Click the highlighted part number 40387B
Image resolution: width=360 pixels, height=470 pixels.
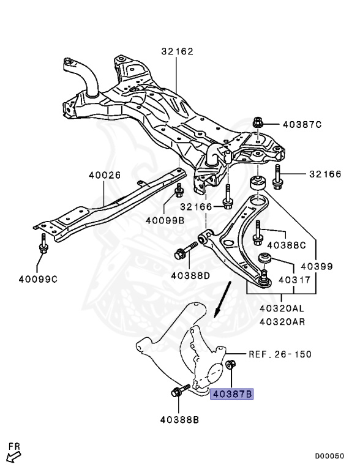[x=232, y=394]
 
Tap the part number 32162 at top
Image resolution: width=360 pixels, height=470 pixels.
[x=178, y=51]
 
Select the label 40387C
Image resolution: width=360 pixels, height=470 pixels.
[x=302, y=124]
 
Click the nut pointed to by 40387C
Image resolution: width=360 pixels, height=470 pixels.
[x=257, y=122]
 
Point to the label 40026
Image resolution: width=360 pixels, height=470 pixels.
[x=105, y=175]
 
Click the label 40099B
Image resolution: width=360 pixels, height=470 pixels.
[x=165, y=220]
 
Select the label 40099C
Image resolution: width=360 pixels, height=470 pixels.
[x=38, y=279]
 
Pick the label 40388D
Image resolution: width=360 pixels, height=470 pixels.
[x=190, y=275]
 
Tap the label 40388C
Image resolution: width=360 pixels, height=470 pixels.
[x=287, y=245]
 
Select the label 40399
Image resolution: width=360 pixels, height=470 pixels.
[x=317, y=266]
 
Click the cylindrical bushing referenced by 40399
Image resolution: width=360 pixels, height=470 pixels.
[x=257, y=184]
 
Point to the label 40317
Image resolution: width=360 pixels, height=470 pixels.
[x=294, y=280]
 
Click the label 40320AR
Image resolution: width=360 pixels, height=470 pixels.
[x=282, y=322]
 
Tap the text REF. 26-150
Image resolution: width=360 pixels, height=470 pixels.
[x=280, y=354]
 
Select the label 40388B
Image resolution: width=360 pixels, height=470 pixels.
[x=179, y=420]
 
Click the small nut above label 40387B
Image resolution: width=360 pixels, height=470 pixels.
[x=231, y=365]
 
